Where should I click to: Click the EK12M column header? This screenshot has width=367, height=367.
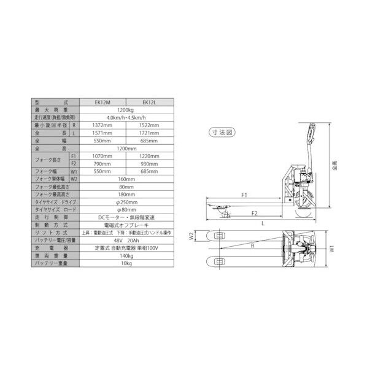102,102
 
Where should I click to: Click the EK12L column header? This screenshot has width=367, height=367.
149,102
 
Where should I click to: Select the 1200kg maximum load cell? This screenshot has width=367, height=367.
125,109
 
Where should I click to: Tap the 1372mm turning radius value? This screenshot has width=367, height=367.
102,125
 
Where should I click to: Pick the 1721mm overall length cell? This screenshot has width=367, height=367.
149,133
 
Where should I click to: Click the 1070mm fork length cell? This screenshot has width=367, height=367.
102,156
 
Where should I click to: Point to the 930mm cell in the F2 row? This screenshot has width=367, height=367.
149,164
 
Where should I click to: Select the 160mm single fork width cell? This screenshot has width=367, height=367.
125,179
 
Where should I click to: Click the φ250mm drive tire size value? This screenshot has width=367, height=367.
125,202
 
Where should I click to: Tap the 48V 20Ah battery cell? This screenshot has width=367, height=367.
125,241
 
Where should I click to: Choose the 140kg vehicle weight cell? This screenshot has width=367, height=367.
125,256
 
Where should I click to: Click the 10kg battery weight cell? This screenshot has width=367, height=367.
125,263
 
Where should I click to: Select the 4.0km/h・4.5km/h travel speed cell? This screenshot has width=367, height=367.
125,117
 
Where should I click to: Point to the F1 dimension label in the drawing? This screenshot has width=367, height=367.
244,195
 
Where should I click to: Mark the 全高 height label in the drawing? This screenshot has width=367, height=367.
333,164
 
